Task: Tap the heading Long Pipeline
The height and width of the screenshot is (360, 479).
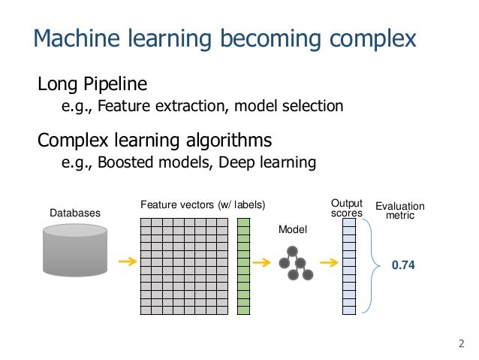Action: click(x=92, y=83)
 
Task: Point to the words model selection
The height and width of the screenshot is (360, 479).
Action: click(x=289, y=107)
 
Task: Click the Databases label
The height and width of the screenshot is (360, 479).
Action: click(x=75, y=213)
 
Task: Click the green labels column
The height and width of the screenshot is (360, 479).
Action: click(x=243, y=266)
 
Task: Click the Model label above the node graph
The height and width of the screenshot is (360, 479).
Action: click(x=293, y=228)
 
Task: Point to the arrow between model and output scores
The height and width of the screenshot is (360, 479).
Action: click(x=327, y=263)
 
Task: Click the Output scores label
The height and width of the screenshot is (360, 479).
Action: click(x=347, y=208)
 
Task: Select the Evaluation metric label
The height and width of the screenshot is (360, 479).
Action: click(x=399, y=211)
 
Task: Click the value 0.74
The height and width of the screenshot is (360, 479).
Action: click(x=402, y=265)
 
